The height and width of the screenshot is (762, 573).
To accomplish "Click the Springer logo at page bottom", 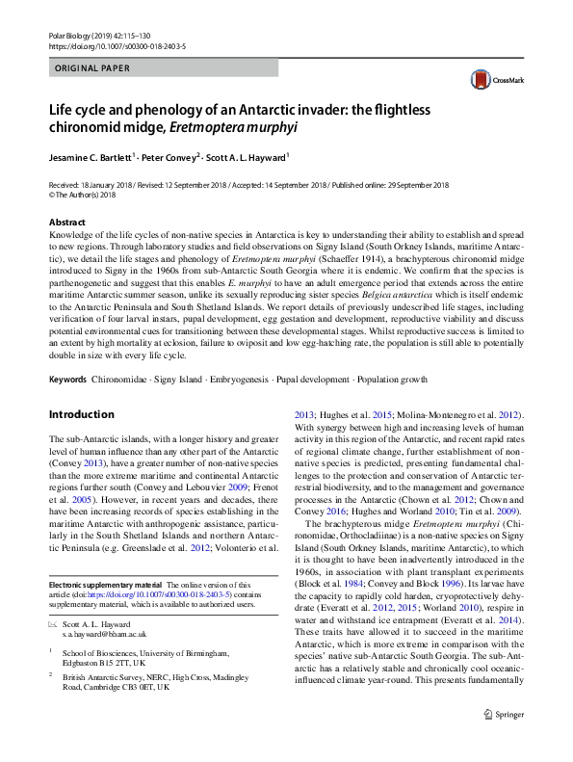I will pyautogui.click(x=505, y=741).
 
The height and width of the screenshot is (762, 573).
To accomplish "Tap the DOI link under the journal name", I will pyautogui.click(x=117, y=45).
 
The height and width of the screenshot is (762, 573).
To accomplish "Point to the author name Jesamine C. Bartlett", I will pyautogui.click(x=90, y=156).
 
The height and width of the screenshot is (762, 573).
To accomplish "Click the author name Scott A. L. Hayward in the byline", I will pyautogui.click(x=247, y=156).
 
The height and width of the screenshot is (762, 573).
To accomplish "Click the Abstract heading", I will pyautogui.click(x=66, y=222).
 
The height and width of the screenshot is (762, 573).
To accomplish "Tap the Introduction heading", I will pyautogui.click(x=81, y=414).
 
